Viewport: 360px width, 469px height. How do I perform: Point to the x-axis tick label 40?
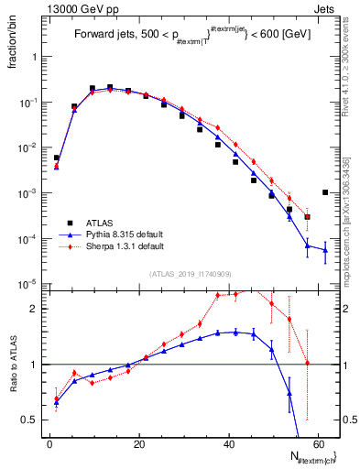(x=229, y=444)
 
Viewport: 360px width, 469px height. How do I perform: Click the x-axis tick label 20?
(x=139, y=444)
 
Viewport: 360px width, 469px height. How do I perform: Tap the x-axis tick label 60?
(x=319, y=444)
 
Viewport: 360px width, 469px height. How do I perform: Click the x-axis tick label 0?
(x=49, y=444)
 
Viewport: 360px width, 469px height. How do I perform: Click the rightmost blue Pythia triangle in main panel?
(x=326, y=250)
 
